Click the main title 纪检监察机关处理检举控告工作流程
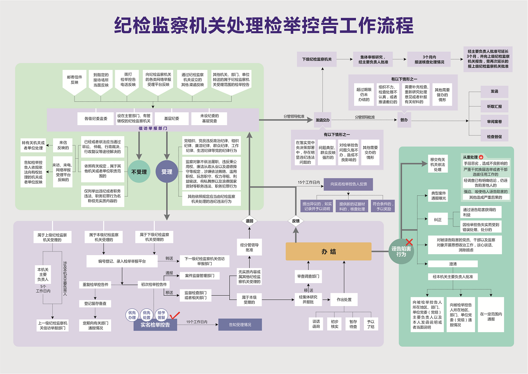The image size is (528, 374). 264,26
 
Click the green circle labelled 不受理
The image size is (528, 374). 139,172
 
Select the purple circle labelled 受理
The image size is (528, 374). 167,172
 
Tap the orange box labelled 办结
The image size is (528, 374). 328,252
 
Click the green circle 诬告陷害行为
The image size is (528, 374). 401,252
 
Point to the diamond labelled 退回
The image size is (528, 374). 250,221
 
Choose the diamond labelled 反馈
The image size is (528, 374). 296,221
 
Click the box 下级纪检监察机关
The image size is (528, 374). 317,59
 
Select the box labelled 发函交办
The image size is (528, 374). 322,120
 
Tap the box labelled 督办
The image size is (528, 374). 404,120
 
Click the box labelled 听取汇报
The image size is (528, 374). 494,106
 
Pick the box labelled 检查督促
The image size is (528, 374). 494,137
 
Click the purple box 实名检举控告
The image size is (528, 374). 155,325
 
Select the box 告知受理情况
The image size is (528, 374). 240,325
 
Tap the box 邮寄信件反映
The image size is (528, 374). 74,80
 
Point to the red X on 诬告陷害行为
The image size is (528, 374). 409,242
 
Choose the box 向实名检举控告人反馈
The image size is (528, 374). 349,184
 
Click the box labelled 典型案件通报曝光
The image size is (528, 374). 438,196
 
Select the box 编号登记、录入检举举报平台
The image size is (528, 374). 122,261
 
